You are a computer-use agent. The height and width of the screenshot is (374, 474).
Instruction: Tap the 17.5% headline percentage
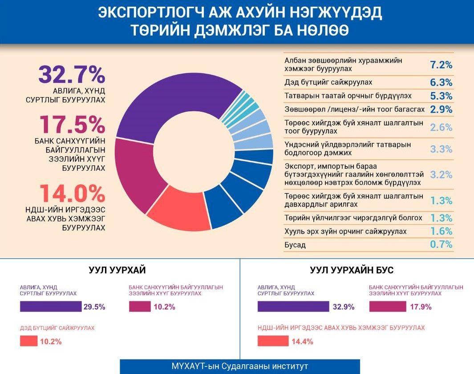pos(72,125)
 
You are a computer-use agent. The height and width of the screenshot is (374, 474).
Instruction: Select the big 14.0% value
pos(72,193)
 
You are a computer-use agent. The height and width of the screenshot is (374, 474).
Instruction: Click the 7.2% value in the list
pos(441,65)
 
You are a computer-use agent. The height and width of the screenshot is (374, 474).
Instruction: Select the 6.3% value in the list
pos(441,82)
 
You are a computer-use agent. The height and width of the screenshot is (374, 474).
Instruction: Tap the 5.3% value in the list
pos(441,96)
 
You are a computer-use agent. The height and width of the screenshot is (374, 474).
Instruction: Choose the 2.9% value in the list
pos(441,109)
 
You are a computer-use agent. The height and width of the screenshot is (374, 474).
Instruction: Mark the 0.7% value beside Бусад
pos(441,244)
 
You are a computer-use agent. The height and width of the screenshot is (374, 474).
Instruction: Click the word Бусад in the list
pos(295,245)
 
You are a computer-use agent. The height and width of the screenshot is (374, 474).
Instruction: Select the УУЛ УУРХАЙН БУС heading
pos(352,270)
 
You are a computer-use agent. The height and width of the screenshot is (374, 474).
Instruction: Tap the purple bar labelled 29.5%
pos(50,307)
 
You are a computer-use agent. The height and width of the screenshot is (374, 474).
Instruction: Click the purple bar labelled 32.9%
pos(293,307)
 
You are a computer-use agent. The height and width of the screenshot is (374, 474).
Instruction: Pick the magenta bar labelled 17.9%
pos(388,307)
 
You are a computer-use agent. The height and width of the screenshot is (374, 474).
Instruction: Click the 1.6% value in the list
pos(441,231)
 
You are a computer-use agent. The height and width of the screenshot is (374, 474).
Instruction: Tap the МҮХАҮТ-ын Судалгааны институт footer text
pos(239,366)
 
